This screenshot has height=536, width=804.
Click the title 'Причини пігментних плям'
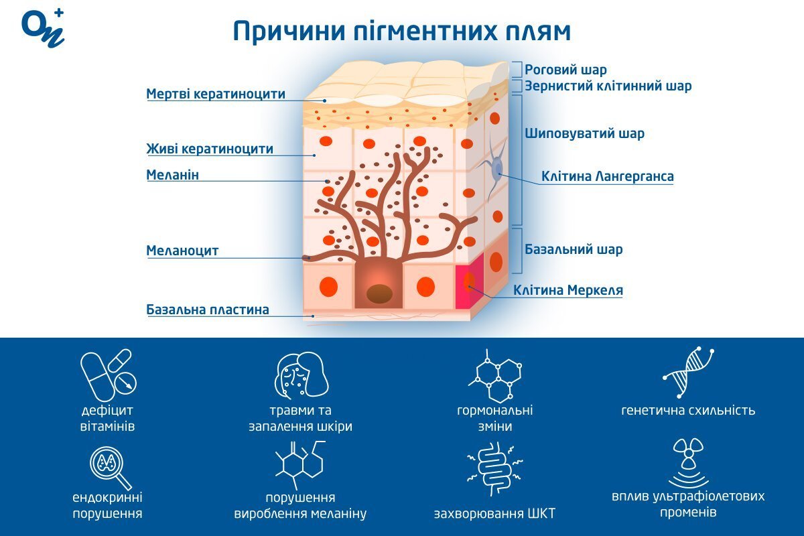pyautogui.click(x=402, y=31)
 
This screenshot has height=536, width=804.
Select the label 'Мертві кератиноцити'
pyautogui.click(x=216, y=94)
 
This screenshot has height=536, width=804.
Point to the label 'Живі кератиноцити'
pyautogui.click(x=210, y=149)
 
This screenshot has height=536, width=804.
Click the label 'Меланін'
pyautogui.click(x=173, y=175)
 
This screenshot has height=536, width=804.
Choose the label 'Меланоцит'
pyautogui.click(x=182, y=251)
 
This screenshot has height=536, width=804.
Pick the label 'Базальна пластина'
pyautogui.click(x=208, y=310)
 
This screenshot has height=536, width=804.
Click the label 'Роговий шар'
pyautogui.click(x=565, y=70)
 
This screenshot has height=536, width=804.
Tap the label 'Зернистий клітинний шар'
pyautogui.click(x=608, y=86)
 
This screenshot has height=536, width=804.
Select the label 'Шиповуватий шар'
pyautogui.click(x=584, y=133)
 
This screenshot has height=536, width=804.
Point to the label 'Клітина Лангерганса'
pyautogui.click(x=607, y=177)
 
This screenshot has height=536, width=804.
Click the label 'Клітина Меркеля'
pyautogui.click(x=568, y=291)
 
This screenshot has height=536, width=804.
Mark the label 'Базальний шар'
pyautogui.click(x=574, y=249)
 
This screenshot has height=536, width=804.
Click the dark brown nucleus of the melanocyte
pyautogui.click(x=379, y=293)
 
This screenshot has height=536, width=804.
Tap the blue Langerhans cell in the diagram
pyautogui.click(x=496, y=170)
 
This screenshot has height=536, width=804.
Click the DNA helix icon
pyautogui.click(x=688, y=373)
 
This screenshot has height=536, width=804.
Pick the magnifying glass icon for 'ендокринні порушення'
pyautogui.click(x=108, y=465)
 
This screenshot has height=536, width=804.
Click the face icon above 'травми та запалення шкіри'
pyautogui.click(x=301, y=374)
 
